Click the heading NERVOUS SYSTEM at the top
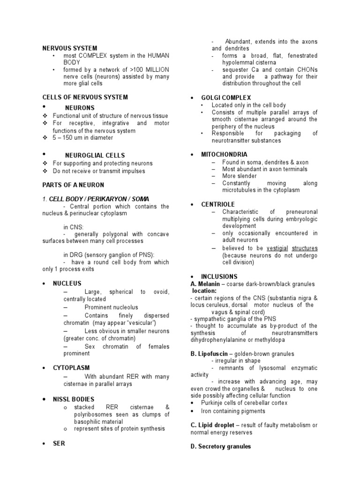(x=70, y=48)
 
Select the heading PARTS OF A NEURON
(x=73, y=185)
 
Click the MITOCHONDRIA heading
(x=224, y=154)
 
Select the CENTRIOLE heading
(x=217, y=204)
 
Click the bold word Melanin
(x=210, y=284)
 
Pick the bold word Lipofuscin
(x=212, y=353)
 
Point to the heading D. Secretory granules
(x=220, y=446)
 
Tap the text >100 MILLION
(x=150, y=69)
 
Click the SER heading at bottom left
(x=59, y=443)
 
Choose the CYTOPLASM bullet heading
(x=71, y=368)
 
